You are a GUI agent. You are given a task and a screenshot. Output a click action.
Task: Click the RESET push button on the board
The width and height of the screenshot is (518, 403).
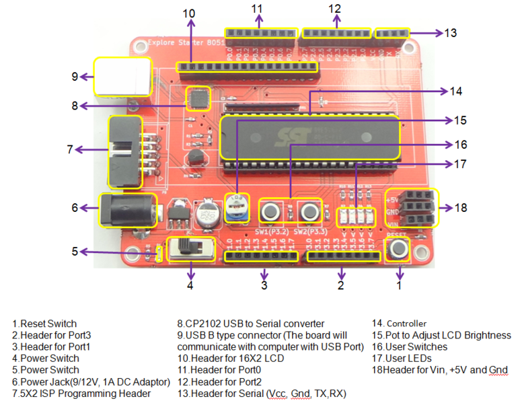coord(399,249)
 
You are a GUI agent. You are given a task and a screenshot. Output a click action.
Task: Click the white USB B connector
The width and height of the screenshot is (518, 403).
coord(123,76)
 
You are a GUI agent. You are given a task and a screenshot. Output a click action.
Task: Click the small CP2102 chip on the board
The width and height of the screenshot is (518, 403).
coord(198,99)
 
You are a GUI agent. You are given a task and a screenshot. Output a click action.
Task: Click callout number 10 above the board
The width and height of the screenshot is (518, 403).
coord(189,13)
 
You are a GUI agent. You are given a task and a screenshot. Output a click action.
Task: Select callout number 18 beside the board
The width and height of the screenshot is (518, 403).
coord(461,208)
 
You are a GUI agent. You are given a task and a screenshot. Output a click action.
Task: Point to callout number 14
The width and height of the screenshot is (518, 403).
coord(457,91)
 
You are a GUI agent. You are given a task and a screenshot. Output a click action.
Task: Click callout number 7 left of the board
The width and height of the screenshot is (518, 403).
coord(69,149)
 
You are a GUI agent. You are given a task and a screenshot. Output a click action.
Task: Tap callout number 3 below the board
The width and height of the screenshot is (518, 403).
coord(264,285)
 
